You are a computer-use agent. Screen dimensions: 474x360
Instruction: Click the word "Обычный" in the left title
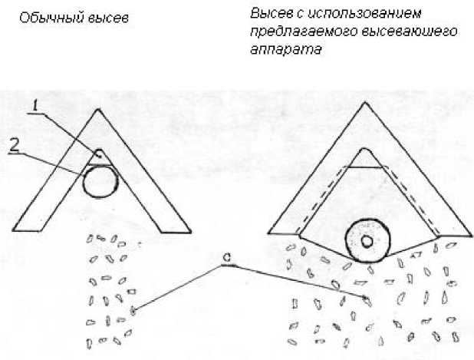(x=51, y=18)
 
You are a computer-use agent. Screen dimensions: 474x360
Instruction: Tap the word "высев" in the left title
(x=108, y=18)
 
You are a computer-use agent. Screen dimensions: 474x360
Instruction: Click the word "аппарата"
(x=285, y=49)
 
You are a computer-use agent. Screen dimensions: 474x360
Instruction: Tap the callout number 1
(x=36, y=107)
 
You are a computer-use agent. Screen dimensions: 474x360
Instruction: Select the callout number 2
(x=15, y=145)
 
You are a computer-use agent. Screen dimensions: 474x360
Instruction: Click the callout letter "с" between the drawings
(x=227, y=258)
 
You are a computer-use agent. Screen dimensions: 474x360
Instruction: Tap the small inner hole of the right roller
(x=367, y=241)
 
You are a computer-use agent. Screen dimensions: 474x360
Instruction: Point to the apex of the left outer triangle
(x=98, y=109)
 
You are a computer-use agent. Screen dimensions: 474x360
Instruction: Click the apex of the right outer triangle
(x=365, y=102)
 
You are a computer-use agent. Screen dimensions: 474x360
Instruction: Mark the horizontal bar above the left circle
(x=98, y=165)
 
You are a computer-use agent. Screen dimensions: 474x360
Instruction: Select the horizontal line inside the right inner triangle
(x=365, y=167)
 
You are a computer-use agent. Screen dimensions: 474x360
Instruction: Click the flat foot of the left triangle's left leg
(x=28, y=231)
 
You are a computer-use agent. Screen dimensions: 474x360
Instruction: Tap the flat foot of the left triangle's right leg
(x=176, y=233)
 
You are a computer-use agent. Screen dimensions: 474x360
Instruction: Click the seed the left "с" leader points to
(x=133, y=311)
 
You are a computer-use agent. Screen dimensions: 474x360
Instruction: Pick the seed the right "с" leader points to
(x=367, y=301)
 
